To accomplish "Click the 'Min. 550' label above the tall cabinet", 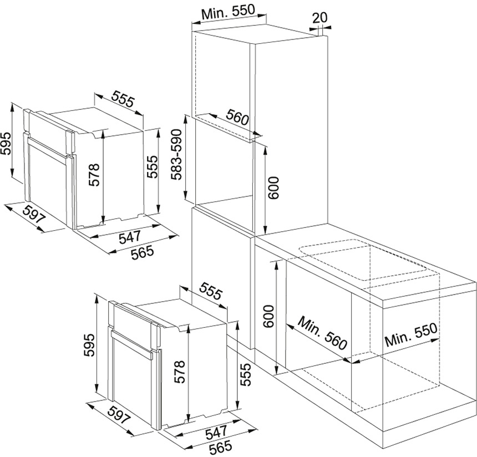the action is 228,12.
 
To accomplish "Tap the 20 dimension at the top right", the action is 319,17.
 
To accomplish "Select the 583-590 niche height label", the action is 176,154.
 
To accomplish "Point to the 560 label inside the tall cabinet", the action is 237,117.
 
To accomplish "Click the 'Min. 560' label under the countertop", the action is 322,333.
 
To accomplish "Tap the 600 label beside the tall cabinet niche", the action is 273,187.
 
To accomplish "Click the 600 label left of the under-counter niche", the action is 268,317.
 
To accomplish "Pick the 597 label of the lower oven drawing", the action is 120,414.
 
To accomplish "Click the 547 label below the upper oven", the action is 130,237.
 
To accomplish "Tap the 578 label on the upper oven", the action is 94,175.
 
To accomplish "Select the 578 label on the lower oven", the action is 179,372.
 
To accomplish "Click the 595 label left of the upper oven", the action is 6,143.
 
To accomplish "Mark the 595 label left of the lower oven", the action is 90,346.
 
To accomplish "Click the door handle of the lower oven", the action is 131,344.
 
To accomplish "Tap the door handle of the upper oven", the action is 47,148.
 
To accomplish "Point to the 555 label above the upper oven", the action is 123,99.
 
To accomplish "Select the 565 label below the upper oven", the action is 142,252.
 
